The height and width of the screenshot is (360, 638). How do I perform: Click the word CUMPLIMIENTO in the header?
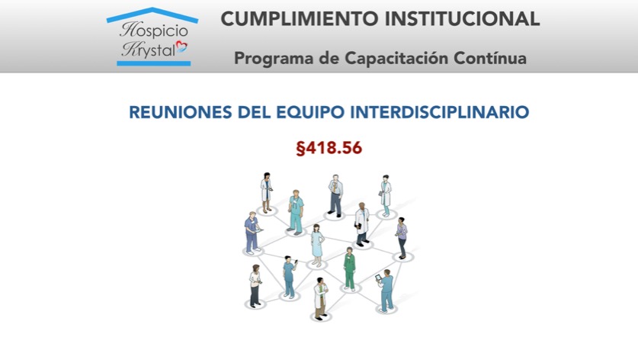299,19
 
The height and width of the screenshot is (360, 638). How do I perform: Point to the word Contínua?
490,58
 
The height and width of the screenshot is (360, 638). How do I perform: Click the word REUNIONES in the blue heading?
181,112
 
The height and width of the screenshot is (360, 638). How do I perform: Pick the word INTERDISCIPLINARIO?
440,112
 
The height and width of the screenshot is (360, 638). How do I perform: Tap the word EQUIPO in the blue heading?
310,113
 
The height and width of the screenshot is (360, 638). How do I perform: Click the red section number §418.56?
329,148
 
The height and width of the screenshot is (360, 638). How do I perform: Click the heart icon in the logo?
181,47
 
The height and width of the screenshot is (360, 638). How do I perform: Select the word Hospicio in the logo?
154,30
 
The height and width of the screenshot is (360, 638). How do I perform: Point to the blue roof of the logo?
152,14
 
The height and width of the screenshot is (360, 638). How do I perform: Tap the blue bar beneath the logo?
153,63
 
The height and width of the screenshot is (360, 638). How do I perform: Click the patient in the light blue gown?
317,245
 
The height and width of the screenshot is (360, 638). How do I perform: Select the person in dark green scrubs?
349,268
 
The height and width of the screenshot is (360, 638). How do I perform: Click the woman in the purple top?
402,237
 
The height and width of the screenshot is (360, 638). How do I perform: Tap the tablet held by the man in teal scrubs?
378,278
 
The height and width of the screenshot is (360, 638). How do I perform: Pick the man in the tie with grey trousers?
335,195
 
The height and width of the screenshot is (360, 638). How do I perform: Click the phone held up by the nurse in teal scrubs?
296,261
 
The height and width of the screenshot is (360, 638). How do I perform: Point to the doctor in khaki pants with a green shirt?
321,297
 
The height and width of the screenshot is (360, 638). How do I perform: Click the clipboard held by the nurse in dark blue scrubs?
258,231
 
